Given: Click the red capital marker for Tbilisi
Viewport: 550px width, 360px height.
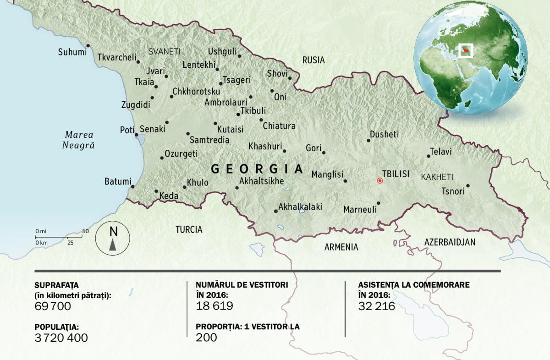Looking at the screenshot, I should click(x=379, y=181).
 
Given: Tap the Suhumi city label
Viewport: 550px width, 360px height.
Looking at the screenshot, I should click(x=72, y=52).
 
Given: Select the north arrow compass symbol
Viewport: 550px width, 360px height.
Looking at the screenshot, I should click(x=113, y=238).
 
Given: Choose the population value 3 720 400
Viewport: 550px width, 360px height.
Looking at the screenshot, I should click(x=61, y=338).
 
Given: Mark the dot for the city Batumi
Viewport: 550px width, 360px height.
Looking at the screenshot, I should click(x=132, y=186).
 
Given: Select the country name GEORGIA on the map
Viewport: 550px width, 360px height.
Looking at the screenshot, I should click(x=257, y=169).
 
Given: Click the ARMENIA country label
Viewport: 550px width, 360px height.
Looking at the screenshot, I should click(x=341, y=247).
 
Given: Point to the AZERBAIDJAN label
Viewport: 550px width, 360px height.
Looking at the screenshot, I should click(x=450, y=242).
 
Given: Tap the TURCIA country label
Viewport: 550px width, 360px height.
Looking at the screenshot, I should click(x=189, y=229).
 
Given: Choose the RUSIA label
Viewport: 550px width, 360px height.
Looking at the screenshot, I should click(x=313, y=60).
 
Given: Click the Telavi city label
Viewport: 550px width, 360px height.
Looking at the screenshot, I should click(x=441, y=151).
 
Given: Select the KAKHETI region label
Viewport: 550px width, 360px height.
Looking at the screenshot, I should click(x=437, y=177).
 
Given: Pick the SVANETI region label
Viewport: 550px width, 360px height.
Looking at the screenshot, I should click(x=164, y=52).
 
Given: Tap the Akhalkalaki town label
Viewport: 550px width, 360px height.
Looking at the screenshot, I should click(x=300, y=207).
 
